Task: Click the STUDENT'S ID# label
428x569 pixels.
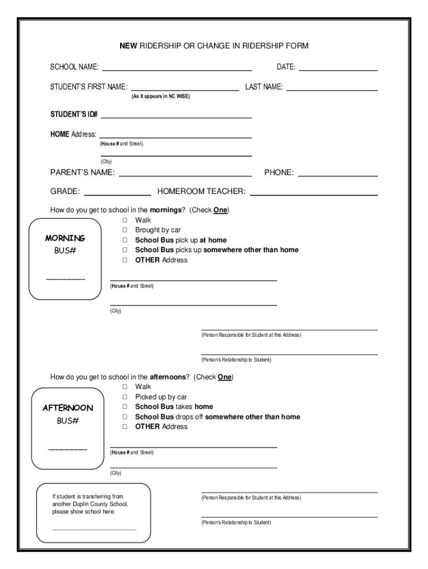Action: point(74,114)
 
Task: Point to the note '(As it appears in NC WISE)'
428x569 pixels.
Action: point(161,96)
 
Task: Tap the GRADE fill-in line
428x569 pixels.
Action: point(117,195)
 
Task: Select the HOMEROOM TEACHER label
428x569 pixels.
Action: point(201,192)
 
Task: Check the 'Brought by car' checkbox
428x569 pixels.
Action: point(125,230)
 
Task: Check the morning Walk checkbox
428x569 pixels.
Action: point(125,220)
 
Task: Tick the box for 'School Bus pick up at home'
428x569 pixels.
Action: point(125,240)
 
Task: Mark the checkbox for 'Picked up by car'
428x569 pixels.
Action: point(125,397)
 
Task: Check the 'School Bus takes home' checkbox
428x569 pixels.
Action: point(125,407)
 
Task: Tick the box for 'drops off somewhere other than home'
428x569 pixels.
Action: point(125,417)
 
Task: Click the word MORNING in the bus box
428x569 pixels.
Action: point(65,238)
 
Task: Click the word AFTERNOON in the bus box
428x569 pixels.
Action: point(68,408)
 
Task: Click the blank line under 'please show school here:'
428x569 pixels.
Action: point(94,530)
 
